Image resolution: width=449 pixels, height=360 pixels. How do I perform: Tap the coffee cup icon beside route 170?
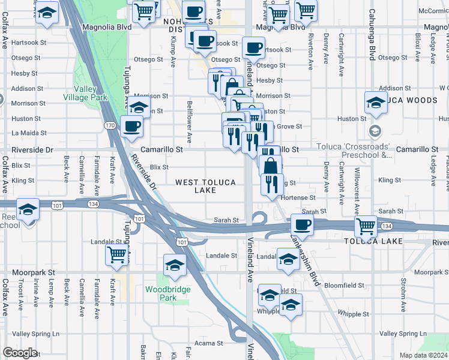point(132,127)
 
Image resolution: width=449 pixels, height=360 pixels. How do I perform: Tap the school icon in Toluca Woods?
point(375,103)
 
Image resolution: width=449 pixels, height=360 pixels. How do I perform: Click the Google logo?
point(20,353)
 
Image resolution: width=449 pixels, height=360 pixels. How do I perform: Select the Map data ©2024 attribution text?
point(423,355)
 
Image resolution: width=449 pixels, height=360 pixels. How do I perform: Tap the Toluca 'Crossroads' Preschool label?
point(361,151)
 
